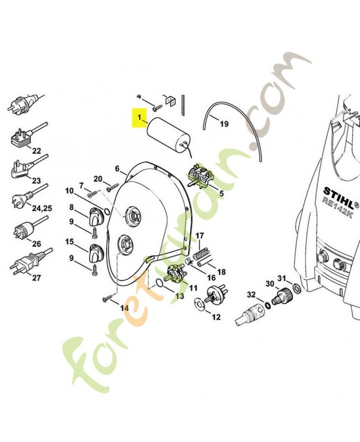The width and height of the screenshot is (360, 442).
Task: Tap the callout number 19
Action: pyautogui.click(x=224, y=124)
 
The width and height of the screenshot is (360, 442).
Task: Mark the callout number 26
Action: pyautogui.click(x=36, y=243)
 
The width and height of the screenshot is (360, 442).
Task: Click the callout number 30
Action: pyautogui.click(x=270, y=283)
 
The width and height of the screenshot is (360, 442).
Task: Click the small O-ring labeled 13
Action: pyautogui.click(x=160, y=283)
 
